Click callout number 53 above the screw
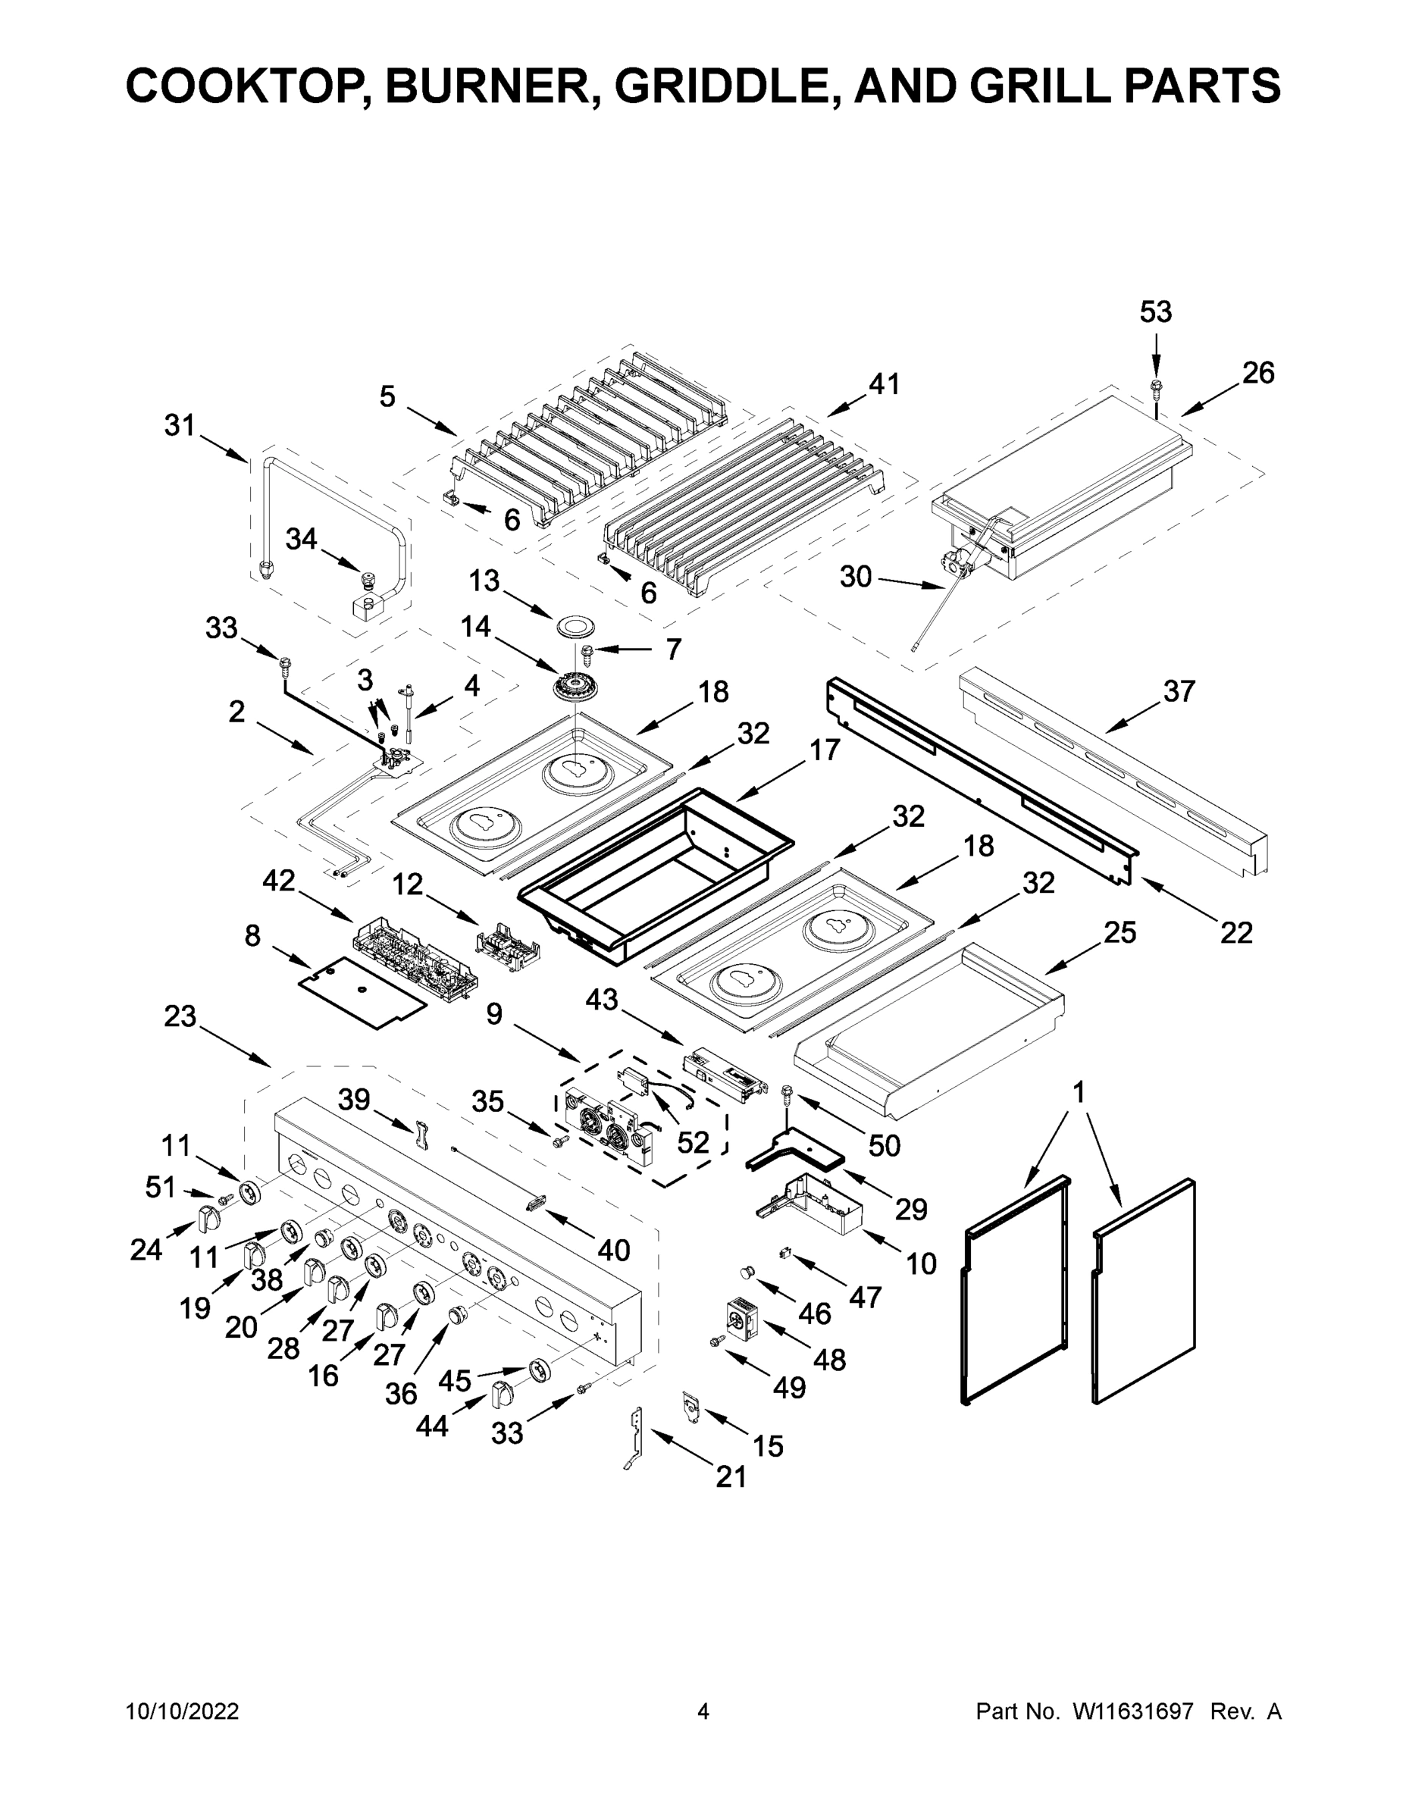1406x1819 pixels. point(1155,312)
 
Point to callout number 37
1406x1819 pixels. point(1179,691)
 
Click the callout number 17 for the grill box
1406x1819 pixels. point(825,750)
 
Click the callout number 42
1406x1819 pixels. point(278,881)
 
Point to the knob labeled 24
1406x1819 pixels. point(210,1219)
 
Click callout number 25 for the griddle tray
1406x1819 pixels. point(1119,933)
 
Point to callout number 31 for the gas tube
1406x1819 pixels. point(179,426)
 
